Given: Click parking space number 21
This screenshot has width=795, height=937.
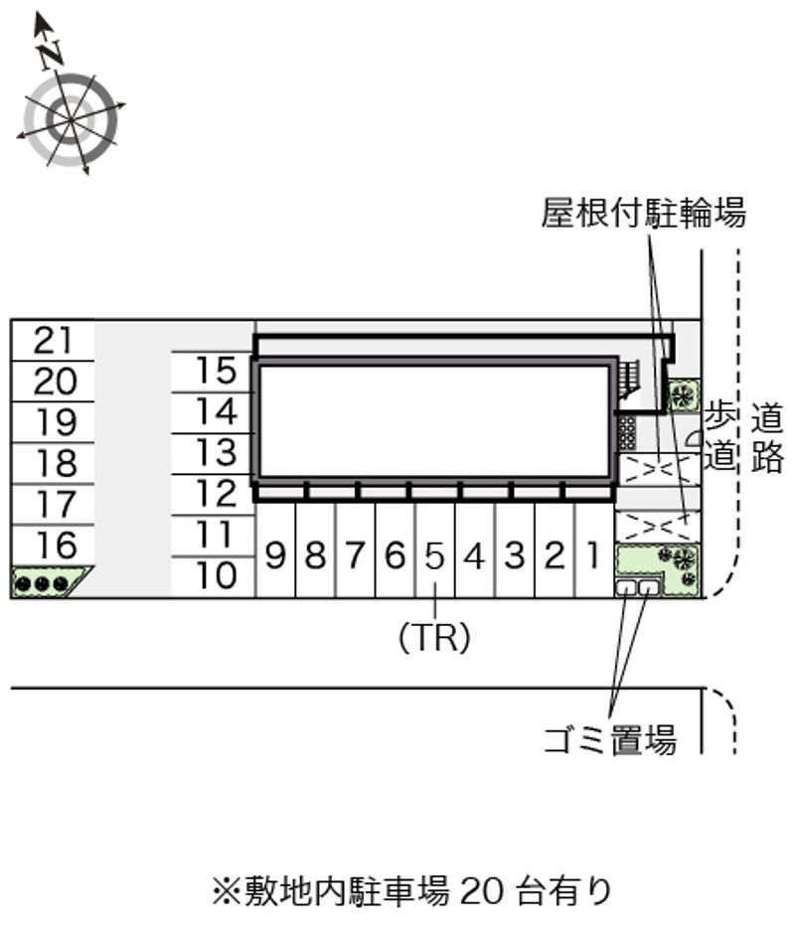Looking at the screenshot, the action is [53, 341].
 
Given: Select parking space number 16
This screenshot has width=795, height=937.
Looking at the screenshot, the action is [53, 546].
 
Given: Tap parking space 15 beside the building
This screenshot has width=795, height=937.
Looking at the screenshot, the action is [214, 371].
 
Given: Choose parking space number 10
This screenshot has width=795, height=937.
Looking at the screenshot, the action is [214, 575].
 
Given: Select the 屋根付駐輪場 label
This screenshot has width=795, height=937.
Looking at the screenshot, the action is [643, 213].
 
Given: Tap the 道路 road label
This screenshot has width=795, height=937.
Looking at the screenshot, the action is [767, 437].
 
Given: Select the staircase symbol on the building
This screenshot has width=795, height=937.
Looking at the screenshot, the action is [626, 377].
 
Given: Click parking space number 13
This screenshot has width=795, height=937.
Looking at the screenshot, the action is [214, 452].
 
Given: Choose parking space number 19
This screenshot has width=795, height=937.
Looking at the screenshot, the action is [53, 422].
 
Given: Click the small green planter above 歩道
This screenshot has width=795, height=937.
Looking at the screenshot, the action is [683, 394].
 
